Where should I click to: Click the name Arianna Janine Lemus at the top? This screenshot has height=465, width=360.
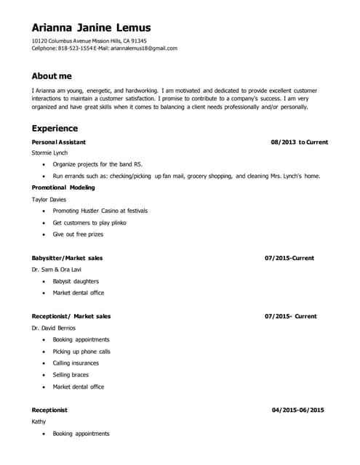pyautogui.click(x=91, y=28)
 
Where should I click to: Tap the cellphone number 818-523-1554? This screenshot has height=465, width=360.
pyautogui.click(x=75, y=49)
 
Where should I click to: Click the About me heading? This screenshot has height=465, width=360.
pyautogui.click(x=52, y=76)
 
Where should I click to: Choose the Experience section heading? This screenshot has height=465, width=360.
pyautogui.click(x=55, y=128)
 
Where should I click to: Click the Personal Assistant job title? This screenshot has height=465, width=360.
pyautogui.click(x=59, y=142)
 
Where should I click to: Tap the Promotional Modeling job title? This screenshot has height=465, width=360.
pyautogui.click(x=63, y=187)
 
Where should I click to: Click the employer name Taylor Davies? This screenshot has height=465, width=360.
pyautogui.click(x=49, y=199)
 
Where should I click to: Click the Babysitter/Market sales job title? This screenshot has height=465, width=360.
pyautogui.click(x=67, y=258)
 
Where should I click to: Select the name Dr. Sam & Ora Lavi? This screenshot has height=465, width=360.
pyautogui.click(x=56, y=270)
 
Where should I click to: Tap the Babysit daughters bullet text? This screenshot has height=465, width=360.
pyautogui.click(x=76, y=281)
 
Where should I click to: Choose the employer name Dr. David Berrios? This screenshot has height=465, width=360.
pyautogui.click(x=53, y=328)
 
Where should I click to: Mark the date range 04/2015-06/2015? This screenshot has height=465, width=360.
pyautogui.click(x=297, y=410)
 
